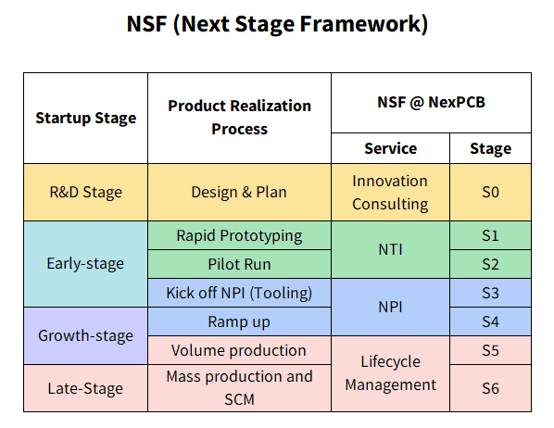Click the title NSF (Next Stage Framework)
click(277, 24)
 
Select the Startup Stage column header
click(85, 118)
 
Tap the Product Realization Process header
click(239, 118)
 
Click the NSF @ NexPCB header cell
click(431, 103)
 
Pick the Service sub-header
click(390, 148)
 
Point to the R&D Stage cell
click(85, 193)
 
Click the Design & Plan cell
click(239, 193)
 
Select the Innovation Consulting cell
click(390, 193)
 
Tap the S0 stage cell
click(490, 193)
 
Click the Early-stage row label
click(85, 264)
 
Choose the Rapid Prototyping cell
click(239, 235)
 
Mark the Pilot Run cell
click(239, 264)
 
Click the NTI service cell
click(390, 250)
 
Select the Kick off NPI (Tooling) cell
click(239, 293)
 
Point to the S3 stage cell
click(490, 293)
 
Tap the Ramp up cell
click(239, 321)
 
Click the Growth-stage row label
click(85, 335)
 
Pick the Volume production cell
click(239, 350)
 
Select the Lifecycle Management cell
click(390, 373)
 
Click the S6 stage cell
click(490, 388)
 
